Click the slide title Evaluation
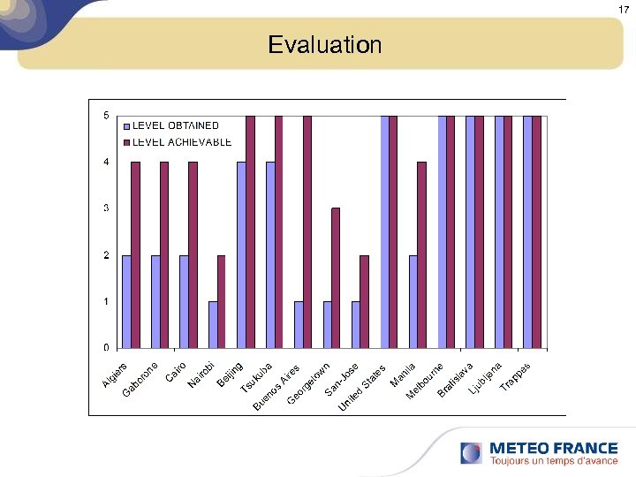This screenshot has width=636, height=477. click(x=324, y=44)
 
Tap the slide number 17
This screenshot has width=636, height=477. click(x=625, y=9)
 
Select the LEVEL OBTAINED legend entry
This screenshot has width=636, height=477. click(x=175, y=125)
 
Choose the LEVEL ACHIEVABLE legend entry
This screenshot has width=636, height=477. click(x=181, y=141)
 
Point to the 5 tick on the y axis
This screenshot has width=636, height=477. click(x=106, y=116)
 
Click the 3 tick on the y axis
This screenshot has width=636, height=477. click(x=106, y=208)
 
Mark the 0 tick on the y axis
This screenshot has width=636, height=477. click(x=106, y=347)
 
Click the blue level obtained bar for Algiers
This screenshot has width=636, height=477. click(x=126, y=301)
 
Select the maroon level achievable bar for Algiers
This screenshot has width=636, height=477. click(x=135, y=254)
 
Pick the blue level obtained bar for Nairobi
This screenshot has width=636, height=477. click(x=213, y=324)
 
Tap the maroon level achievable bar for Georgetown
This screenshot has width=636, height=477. click(x=307, y=231)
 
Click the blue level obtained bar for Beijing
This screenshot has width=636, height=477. click(x=241, y=254)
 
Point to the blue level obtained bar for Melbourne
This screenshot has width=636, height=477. click(x=442, y=231)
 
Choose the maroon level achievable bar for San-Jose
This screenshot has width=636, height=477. click(x=336, y=277)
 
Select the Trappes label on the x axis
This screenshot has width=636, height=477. click(x=516, y=376)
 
